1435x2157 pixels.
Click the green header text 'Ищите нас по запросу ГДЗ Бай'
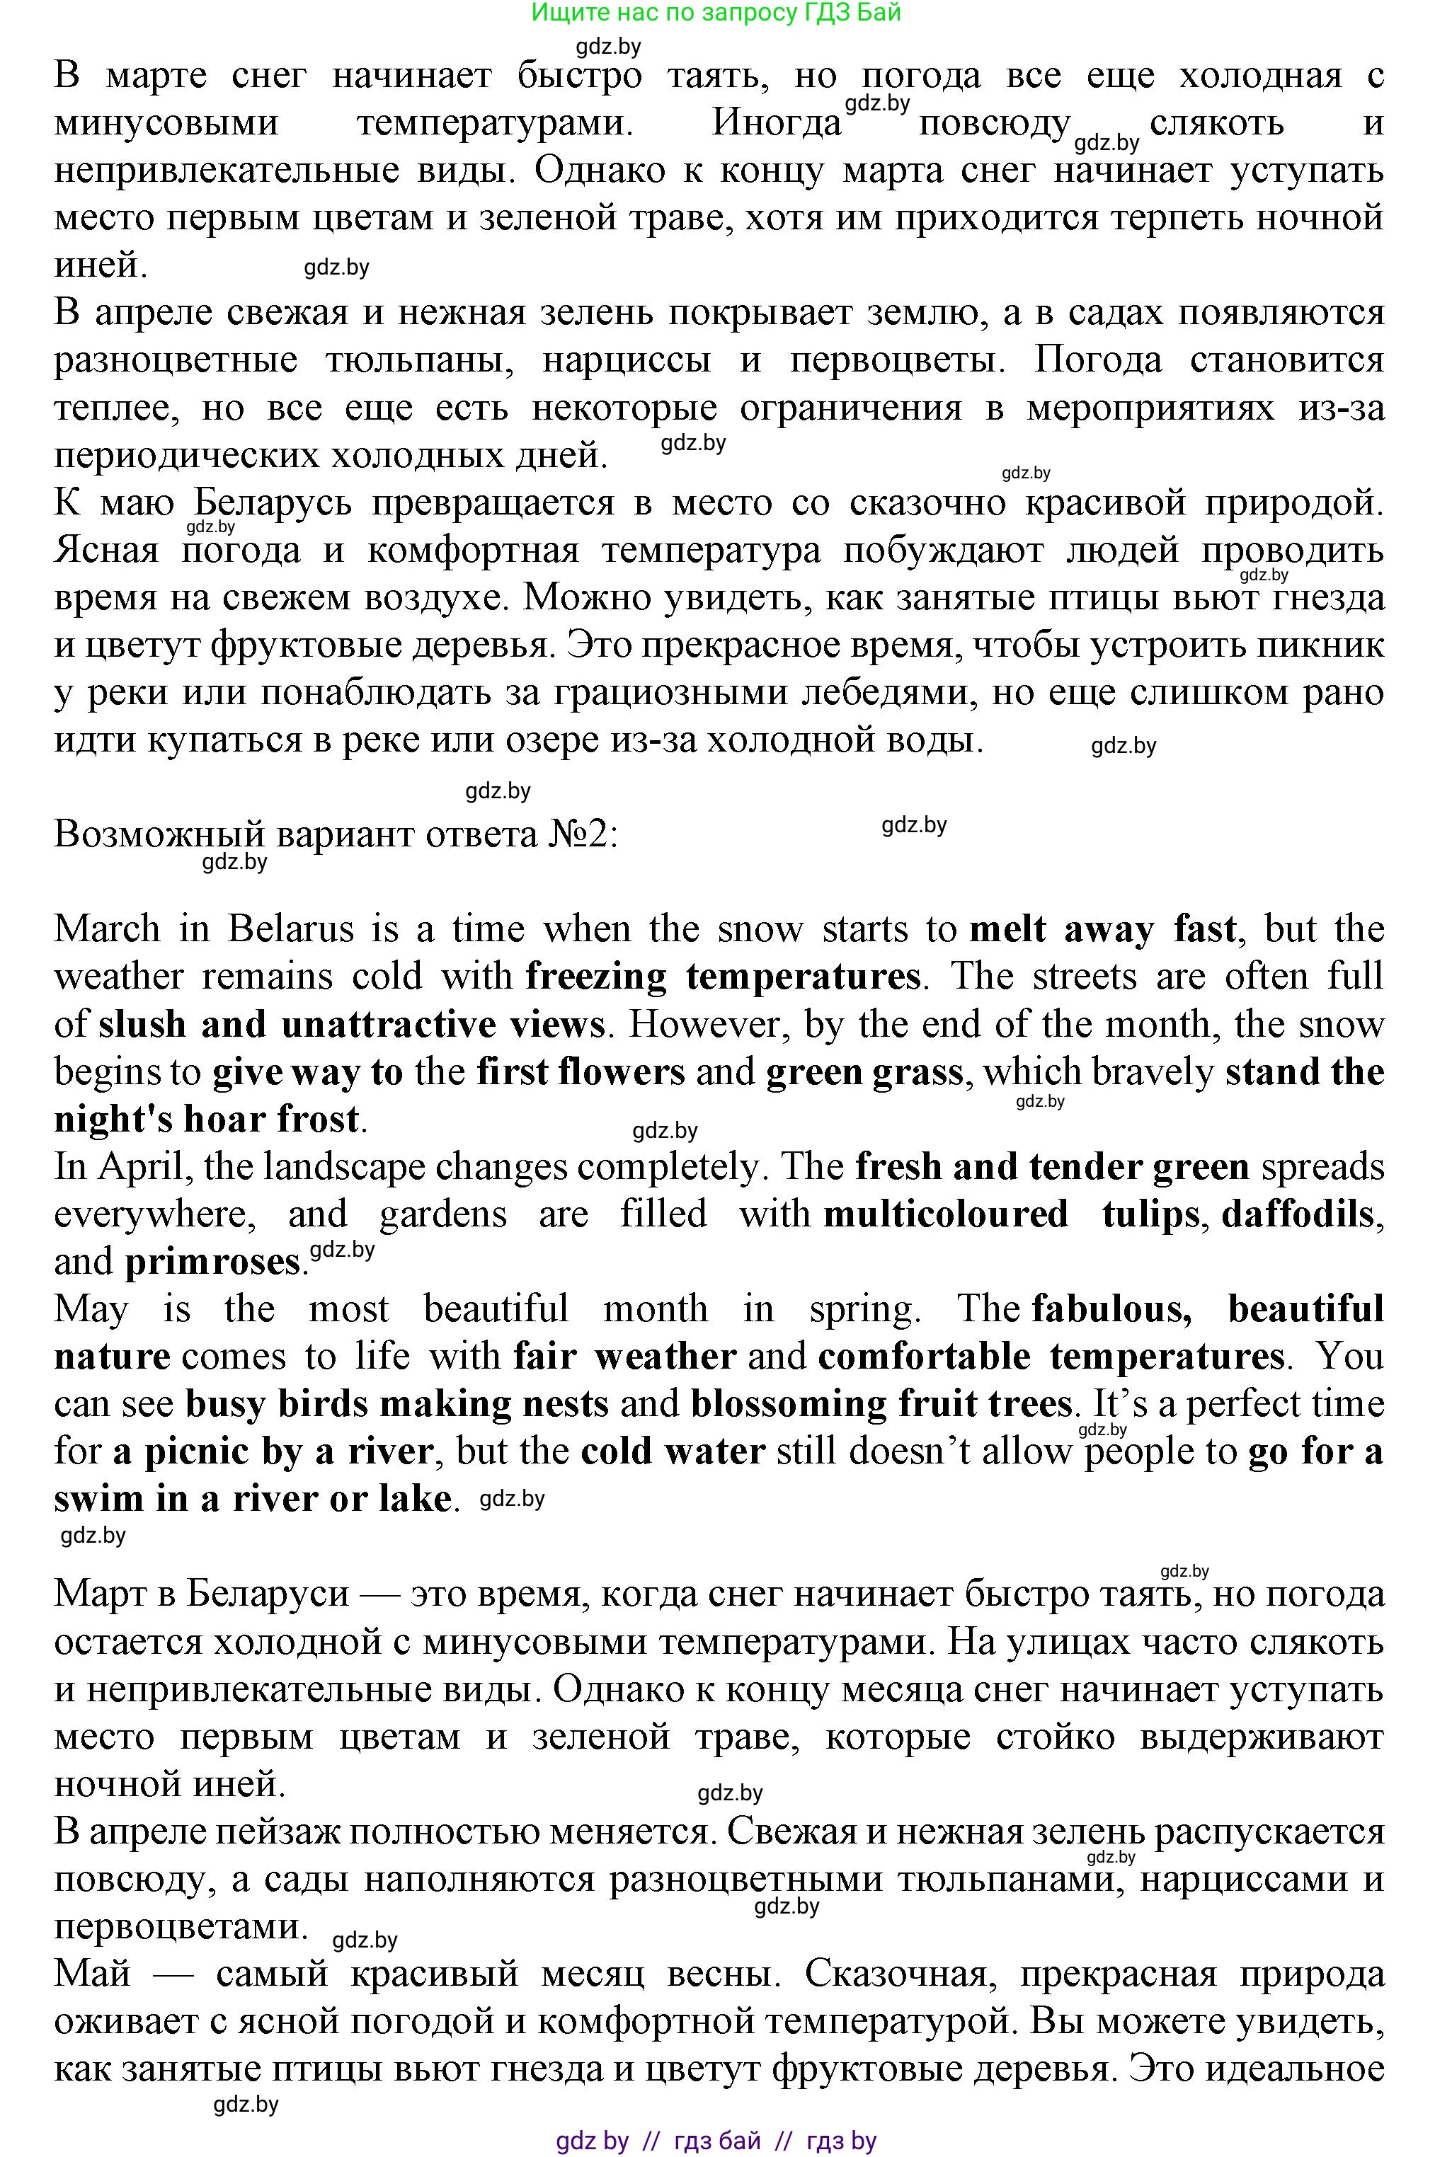[x=716, y=13]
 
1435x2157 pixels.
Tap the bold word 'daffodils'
[x=1298, y=1215]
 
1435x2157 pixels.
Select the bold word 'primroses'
[x=212, y=1262]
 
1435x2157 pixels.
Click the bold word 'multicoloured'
[x=945, y=1215]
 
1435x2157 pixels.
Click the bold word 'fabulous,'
[x=1111, y=1310]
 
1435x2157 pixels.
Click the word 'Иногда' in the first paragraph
[x=776, y=122]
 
